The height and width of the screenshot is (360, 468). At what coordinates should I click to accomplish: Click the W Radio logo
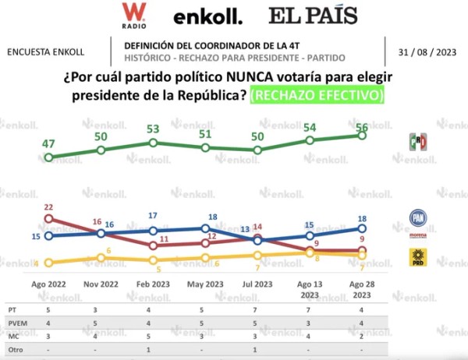(134, 14)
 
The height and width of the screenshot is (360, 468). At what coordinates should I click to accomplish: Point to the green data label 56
(363, 126)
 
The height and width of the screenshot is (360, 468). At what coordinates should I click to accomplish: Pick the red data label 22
(48, 207)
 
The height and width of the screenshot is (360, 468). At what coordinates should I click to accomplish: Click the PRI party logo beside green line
(418, 142)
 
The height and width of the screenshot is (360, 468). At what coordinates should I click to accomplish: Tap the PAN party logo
(418, 218)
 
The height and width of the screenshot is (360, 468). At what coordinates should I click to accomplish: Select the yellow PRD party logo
(418, 257)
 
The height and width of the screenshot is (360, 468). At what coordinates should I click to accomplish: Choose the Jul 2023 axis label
(258, 285)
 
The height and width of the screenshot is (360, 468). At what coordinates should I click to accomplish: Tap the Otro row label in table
(17, 349)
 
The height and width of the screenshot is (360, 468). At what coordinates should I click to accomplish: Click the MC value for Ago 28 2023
(362, 336)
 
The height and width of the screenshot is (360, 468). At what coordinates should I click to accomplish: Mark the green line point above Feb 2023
(154, 143)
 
